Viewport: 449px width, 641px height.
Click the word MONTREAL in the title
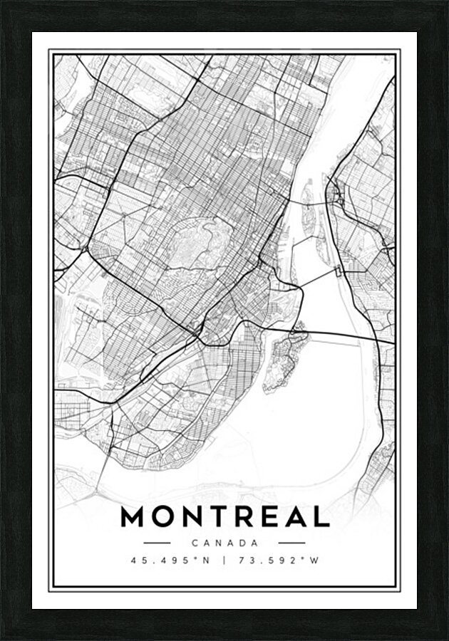coord(224,516)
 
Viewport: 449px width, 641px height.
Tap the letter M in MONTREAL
coord(133,516)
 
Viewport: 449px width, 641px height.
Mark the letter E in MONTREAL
coord(274,516)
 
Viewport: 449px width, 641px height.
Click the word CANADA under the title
coord(224,543)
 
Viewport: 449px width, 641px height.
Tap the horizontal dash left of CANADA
coord(157,543)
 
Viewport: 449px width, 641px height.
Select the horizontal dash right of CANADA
coord(292,543)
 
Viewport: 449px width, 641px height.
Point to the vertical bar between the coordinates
coord(224,560)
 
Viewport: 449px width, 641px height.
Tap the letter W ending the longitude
coord(314,560)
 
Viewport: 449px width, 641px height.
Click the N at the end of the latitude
coord(206,560)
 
